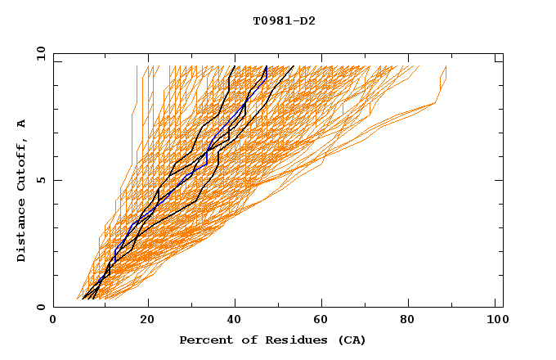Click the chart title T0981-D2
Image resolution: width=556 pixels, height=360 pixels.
pyautogui.click(x=278, y=21)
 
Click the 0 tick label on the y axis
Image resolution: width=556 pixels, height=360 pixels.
pyautogui.click(x=40, y=308)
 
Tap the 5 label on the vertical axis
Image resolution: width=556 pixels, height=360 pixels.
pyautogui.click(x=40, y=180)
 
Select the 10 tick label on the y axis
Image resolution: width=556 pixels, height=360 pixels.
pyautogui.click(x=37, y=53)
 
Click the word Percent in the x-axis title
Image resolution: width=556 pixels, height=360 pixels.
pyautogui.click(x=204, y=340)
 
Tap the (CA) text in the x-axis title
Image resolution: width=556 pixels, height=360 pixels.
pyautogui.click(x=350, y=340)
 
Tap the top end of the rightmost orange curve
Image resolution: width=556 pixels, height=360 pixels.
pyautogui.click(x=446, y=66)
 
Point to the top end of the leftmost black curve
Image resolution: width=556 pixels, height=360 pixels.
pyautogui.click(x=235, y=66)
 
